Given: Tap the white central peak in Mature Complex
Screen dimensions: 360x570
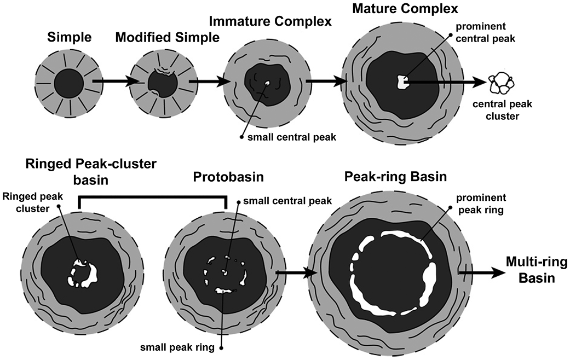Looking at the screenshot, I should pyautogui.click(x=402, y=83).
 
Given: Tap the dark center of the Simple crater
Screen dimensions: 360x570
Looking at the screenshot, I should pyautogui.click(x=68, y=84).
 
